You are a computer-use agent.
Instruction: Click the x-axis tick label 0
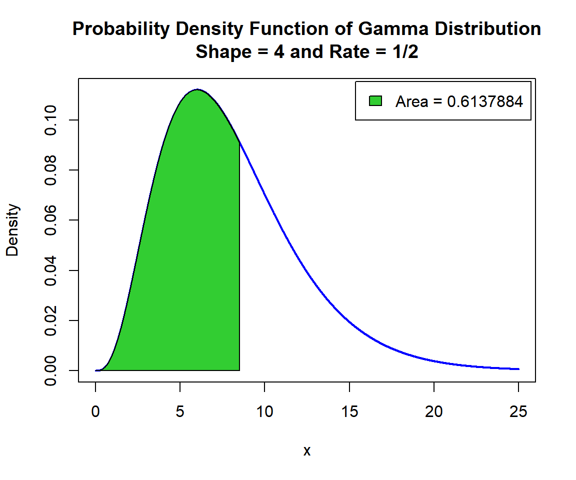point(95,412)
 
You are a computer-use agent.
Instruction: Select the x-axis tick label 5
point(180,412)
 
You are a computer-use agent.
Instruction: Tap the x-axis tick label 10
point(264,412)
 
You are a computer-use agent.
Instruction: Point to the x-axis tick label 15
point(349,412)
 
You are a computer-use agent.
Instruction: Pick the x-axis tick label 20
point(434,412)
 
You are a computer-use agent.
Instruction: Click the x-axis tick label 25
point(518,412)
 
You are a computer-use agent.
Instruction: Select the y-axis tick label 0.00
point(50,370)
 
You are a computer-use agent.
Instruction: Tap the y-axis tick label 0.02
point(50,320)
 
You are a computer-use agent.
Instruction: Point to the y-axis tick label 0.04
point(50,270)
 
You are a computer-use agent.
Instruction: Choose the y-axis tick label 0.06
point(50,220)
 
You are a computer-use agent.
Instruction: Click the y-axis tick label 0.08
point(50,170)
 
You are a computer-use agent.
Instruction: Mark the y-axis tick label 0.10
point(50,120)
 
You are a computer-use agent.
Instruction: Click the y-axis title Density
point(12,230)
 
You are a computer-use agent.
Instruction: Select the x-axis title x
point(307,451)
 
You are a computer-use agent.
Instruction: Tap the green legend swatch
point(375,101)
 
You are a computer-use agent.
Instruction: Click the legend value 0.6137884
point(484,101)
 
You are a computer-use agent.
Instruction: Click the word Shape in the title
point(217,51)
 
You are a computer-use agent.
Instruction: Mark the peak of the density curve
point(197,89)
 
